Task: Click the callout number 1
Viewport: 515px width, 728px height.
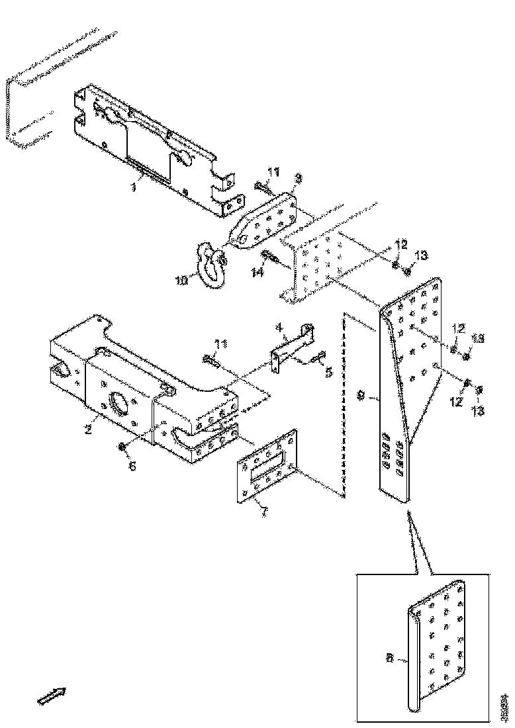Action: [133, 189]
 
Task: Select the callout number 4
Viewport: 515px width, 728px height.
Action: [280, 326]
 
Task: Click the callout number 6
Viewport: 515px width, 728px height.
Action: [132, 467]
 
